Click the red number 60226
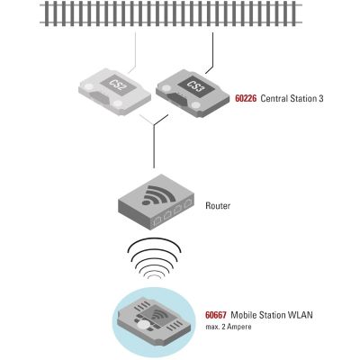(246, 98)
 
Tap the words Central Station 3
(292, 98)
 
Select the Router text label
(218, 206)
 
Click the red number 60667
(216, 315)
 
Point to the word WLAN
(301, 315)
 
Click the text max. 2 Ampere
(229, 327)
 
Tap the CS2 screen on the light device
(117, 85)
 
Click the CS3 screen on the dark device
(195, 85)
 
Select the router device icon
(157, 202)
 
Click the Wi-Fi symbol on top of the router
(158, 195)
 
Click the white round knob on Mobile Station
(144, 326)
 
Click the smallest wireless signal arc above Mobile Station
(154, 276)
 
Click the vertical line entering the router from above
(154, 146)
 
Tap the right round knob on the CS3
(196, 104)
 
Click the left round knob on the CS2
(88, 87)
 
